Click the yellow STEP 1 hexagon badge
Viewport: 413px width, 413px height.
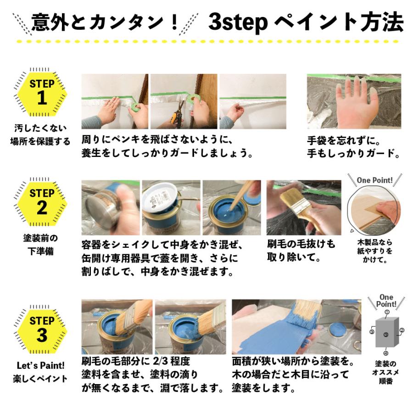pyautogui.click(x=42, y=92)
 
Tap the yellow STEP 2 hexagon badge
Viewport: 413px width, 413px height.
pyautogui.click(x=42, y=201)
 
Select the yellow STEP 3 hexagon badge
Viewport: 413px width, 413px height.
pyautogui.click(x=42, y=328)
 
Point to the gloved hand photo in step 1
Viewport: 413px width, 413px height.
pyautogui.click(x=354, y=101)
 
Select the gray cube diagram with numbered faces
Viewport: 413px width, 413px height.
pyautogui.click(x=386, y=333)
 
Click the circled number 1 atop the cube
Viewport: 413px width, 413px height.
pyautogui.click(x=386, y=312)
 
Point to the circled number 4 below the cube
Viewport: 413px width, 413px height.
pyautogui.click(x=386, y=353)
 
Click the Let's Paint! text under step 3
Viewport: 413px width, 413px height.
pyautogui.click(x=40, y=366)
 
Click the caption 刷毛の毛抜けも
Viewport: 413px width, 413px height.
pyautogui.click(x=301, y=243)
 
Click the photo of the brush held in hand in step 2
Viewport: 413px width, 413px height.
pyautogui.click(x=303, y=207)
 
